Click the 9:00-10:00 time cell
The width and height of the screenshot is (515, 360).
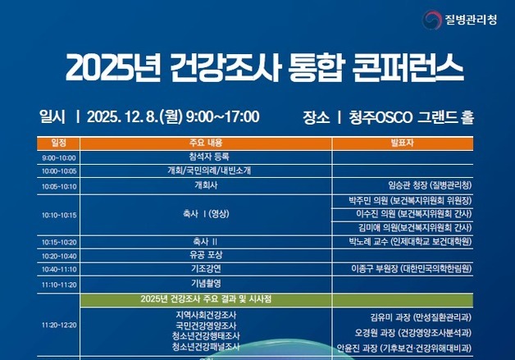[x=59, y=157]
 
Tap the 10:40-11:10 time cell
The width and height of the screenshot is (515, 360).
[x=59, y=269]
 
